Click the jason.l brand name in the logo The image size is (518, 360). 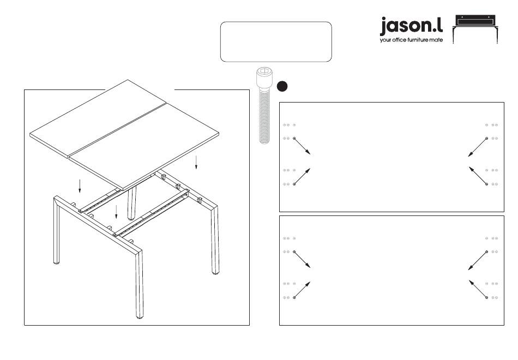(x=411, y=26)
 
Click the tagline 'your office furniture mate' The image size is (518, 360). (x=411, y=40)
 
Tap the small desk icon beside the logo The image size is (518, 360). (x=477, y=29)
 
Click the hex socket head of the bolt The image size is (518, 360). (x=264, y=75)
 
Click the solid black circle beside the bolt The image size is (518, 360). (x=282, y=86)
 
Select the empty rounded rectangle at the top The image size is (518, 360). (x=276, y=41)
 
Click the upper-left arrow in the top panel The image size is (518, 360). (x=302, y=146)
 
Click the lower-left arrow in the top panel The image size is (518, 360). (x=302, y=176)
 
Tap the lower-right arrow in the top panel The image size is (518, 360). (x=477, y=176)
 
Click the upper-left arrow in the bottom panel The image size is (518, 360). (x=302, y=260)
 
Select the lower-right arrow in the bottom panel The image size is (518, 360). (x=477, y=289)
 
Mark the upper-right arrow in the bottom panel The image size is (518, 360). (x=477, y=260)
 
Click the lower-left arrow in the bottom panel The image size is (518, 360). (x=302, y=290)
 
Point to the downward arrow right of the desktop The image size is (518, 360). (x=196, y=163)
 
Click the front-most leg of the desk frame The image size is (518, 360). (x=138, y=284)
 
